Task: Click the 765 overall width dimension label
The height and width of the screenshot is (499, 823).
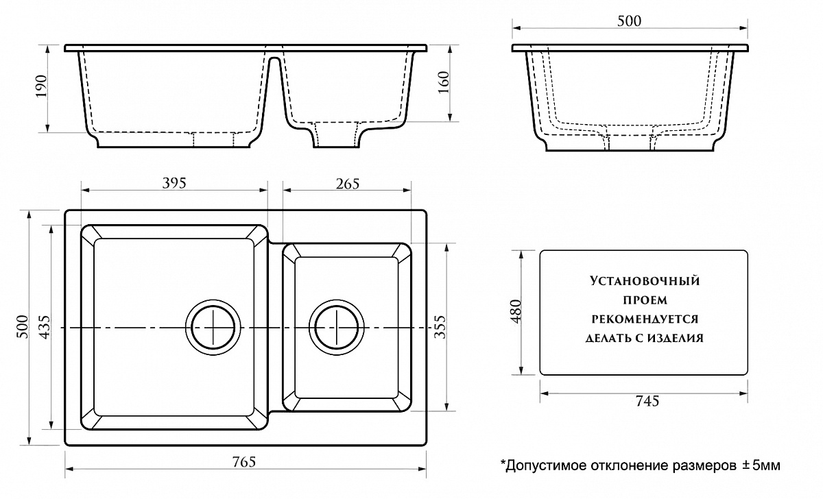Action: (x=243, y=461)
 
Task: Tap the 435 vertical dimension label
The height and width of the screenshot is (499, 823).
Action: (x=43, y=327)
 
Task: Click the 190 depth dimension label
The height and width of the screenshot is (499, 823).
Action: (x=40, y=86)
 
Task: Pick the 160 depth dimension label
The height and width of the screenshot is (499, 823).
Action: (x=443, y=82)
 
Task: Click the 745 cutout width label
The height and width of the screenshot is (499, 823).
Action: (x=645, y=401)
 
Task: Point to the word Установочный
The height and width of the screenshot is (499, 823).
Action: (x=643, y=280)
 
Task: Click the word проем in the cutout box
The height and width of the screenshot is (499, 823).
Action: (x=644, y=300)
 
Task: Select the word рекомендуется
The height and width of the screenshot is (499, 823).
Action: (x=644, y=319)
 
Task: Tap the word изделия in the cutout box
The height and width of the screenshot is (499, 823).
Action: (x=678, y=338)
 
